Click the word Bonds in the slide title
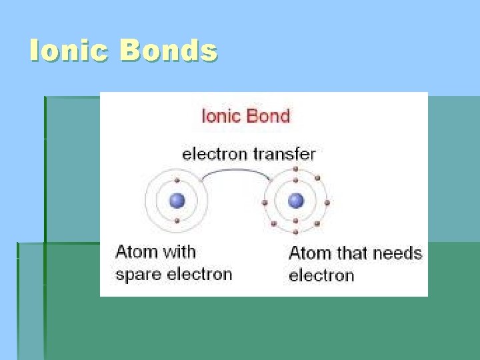click(169, 51)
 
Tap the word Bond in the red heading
click(267, 116)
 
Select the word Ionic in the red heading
click(222, 116)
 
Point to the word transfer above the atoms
click(284, 154)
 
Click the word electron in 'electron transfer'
click(215, 154)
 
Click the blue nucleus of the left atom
click(177, 200)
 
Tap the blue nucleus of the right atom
click(296, 201)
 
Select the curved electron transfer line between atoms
click(237, 172)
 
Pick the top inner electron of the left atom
click(177, 181)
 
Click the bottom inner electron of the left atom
click(177, 220)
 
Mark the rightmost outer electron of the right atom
click(327, 202)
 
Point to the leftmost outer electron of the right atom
click(265, 201)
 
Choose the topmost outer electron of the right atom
click(296, 170)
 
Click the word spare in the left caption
click(137, 275)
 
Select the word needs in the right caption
click(397, 253)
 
